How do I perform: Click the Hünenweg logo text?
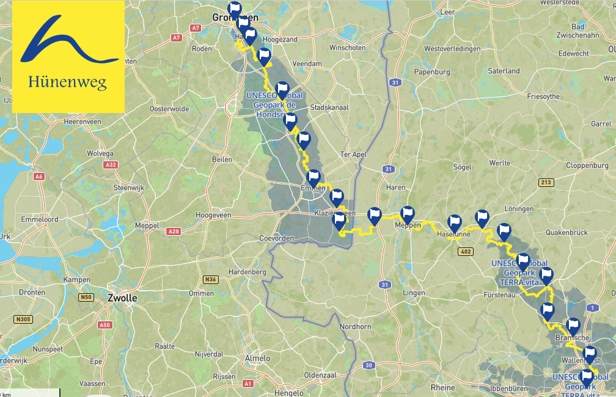click(68, 82)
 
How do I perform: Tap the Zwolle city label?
click(122, 299)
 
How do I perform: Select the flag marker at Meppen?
click(407, 214)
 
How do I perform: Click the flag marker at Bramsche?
click(573, 326)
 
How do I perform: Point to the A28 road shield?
click(174, 231)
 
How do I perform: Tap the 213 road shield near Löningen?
click(546, 182)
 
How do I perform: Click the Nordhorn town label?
click(356, 327)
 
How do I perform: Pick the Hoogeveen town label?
click(213, 215)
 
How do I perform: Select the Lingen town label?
click(414, 293)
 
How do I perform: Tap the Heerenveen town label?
click(82, 122)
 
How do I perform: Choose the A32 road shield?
click(111, 165)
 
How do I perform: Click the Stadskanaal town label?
click(329, 107)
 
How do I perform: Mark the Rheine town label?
click(442, 387)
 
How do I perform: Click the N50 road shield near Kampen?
click(86, 297)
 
